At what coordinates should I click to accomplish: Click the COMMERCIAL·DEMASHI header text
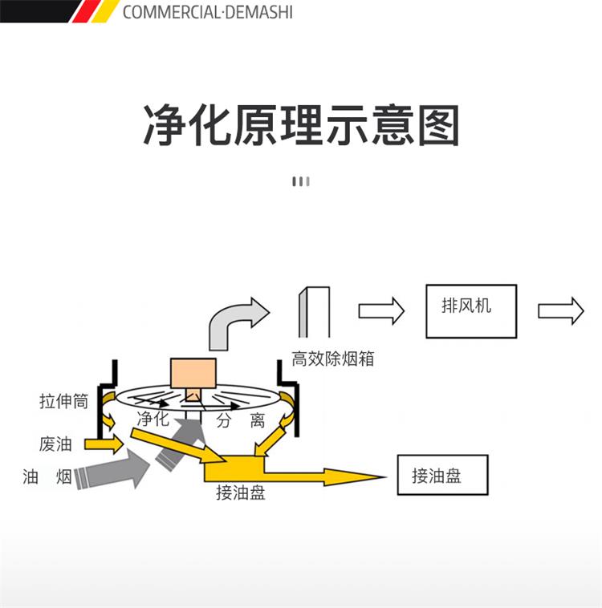click(x=208, y=12)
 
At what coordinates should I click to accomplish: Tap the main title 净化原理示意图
click(x=301, y=125)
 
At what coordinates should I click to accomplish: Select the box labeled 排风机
click(x=471, y=311)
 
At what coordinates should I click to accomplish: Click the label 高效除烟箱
click(x=332, y=359)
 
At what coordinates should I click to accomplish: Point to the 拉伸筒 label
click(x=63, y=401)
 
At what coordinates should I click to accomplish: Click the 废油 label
click(x=55, y=444)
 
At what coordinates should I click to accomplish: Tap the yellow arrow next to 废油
click(x=104, y=444)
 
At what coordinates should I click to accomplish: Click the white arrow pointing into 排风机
click(x=381, y=310)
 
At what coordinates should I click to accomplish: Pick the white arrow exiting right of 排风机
click(x=560, y=310)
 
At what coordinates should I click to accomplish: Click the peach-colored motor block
click(x=193, y=373)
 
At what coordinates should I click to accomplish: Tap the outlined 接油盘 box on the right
click(x=442, y=475)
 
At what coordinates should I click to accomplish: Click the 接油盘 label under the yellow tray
click(x=241, y=492)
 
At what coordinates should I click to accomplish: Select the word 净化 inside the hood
click(x=153, y=419)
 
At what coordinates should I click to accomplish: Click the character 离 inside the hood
click(x=258, y=420)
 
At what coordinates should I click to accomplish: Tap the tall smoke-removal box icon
click(x=314, y=312)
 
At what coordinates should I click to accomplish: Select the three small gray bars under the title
click(x=301, y=181)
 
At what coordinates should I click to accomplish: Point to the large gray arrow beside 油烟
click(x=112, y=468)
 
